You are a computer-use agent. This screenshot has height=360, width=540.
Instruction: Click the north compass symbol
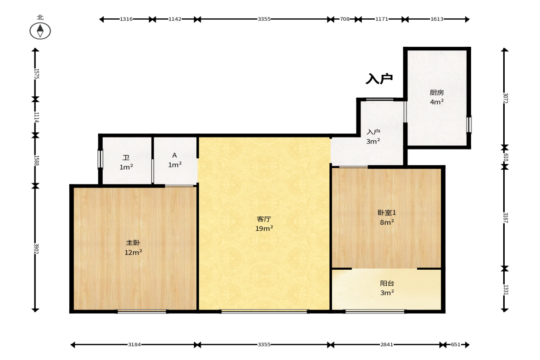click(40, 31)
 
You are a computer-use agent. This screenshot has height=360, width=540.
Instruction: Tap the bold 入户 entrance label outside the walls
click(379, 79)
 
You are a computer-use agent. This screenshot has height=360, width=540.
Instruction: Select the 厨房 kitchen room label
click(437, 93)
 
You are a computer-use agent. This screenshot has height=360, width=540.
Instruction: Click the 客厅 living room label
click(264, 219)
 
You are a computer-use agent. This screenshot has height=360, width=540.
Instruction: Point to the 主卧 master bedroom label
click(133, 243)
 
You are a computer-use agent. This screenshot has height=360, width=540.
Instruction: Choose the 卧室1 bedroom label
click(387, 213)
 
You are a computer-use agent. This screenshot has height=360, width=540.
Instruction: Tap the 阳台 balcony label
click(387, 283)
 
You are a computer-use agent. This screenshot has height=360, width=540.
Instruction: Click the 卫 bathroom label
click(126, 158)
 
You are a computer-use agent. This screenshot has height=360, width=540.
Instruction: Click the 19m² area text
click(264, 228)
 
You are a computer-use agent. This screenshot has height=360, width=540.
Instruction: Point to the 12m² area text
click(133, 252)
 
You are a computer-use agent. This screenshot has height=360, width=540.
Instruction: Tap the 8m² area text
click(387, 222)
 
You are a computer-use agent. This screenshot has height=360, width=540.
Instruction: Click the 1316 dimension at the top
click(126, 19)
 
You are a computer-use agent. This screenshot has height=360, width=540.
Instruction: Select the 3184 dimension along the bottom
click(134, 344)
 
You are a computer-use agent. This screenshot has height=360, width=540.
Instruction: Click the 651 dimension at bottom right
click(456, 344)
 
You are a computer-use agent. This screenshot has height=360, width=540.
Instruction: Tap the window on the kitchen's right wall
click(469, 125)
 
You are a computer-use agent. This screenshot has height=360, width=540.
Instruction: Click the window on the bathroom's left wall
click(100, 159)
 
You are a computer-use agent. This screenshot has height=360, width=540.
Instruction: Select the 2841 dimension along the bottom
click(386, 344)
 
